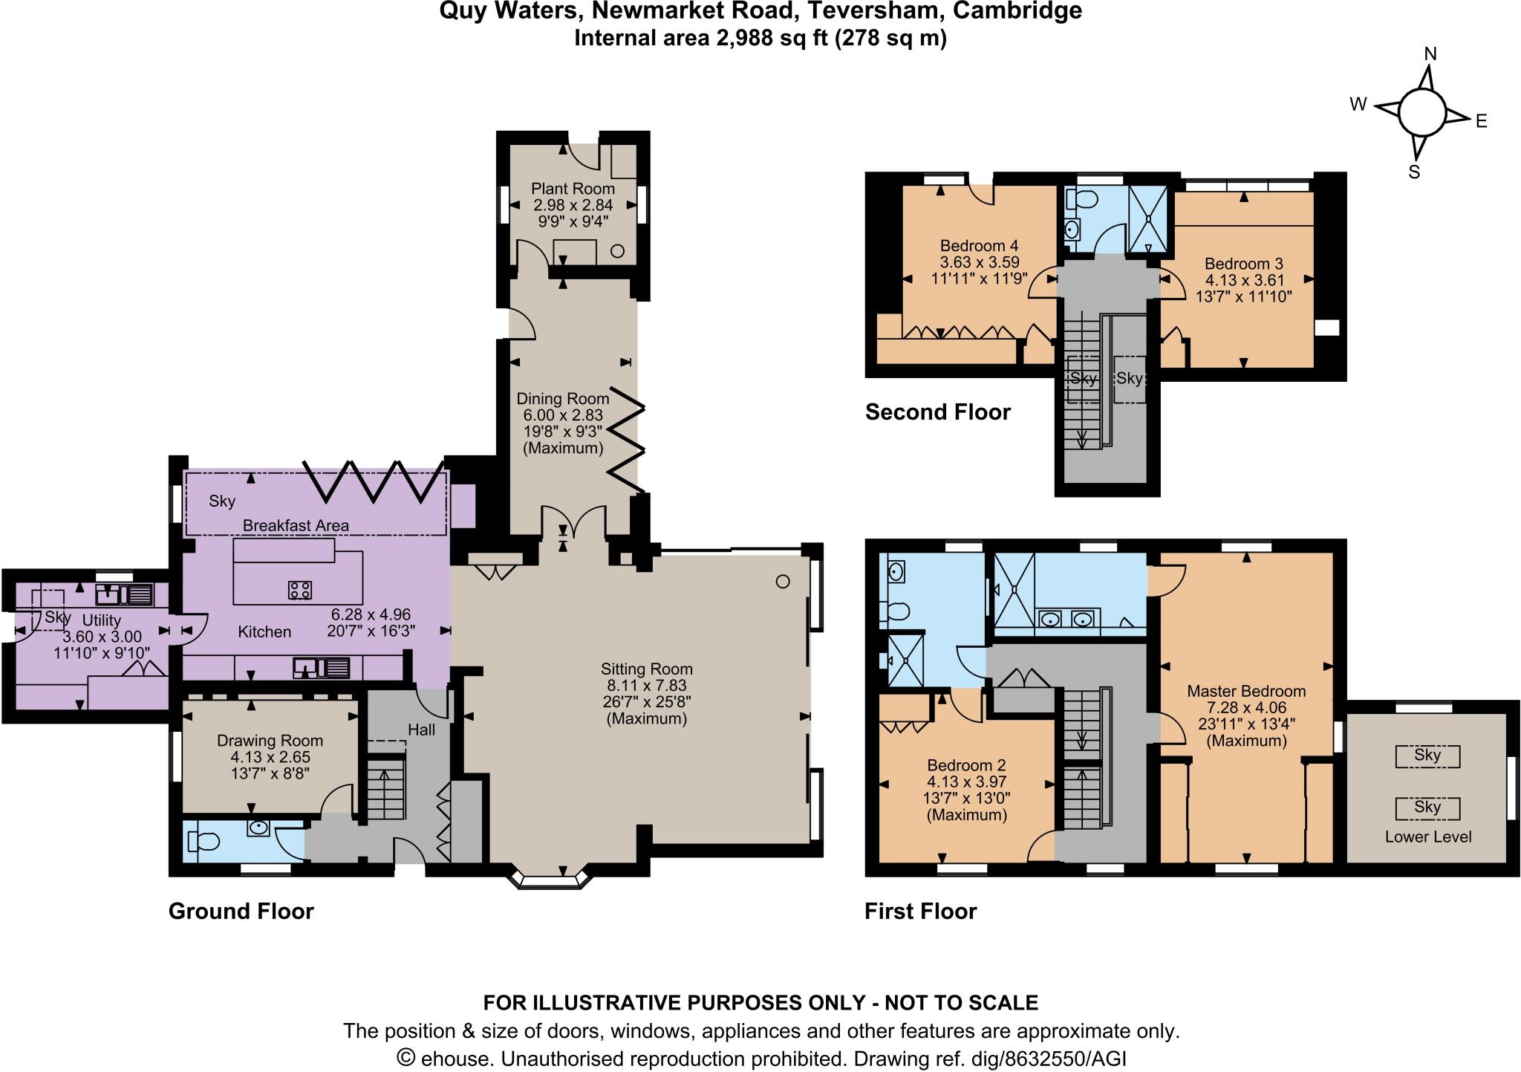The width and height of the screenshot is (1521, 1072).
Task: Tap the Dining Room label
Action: tap(563, 399)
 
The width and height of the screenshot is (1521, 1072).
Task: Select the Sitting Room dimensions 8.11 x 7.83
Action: tap(646, 685)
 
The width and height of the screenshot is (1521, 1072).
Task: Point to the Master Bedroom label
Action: tap(1246, 691)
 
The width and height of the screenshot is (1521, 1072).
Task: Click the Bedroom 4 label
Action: tap(979, 246)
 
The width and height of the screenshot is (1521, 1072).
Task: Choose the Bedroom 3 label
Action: tap(1243, 264)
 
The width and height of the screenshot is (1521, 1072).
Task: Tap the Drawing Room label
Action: tap(270, 741)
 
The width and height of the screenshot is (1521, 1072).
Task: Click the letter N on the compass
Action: tap(1430, 54)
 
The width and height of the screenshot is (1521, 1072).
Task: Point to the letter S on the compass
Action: tap(1414, 172)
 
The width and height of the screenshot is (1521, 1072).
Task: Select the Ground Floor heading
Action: tap(241, 912)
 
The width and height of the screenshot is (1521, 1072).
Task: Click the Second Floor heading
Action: tap(938, 412)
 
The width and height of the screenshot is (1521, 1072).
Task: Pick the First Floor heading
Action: tap(920, 912)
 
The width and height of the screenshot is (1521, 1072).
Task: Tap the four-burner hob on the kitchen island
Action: tap(300, 590)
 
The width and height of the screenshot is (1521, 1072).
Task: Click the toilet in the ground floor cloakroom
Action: tap(202, 842)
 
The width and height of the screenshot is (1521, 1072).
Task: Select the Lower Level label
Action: tap(1427, 837)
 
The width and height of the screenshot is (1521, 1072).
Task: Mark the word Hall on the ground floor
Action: tap(421, 730)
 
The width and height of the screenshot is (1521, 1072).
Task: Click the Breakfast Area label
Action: tap(296, 526)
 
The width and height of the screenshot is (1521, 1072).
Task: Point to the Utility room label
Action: tap(102, 620)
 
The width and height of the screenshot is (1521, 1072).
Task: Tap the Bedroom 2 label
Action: tap(965, 765)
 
